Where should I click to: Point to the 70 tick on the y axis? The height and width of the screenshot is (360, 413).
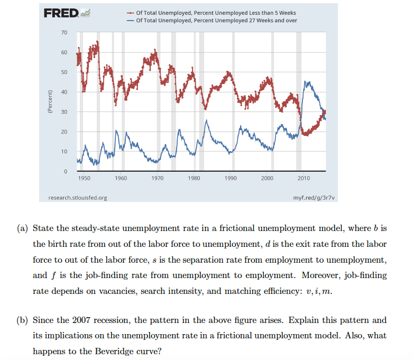point(64,33)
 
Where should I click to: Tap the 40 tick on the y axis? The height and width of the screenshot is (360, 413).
point(64,92)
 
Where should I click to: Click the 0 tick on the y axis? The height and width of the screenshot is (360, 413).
point(66,171)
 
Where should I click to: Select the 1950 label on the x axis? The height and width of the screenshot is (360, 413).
point(84,179)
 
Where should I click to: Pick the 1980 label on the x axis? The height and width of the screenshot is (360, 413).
point(194,179)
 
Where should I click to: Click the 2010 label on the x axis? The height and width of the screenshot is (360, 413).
point(304,179)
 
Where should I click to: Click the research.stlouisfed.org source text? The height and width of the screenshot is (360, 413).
point(77,198)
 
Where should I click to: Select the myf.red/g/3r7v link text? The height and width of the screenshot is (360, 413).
point(313,198)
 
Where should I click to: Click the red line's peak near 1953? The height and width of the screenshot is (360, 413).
point(97,42)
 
